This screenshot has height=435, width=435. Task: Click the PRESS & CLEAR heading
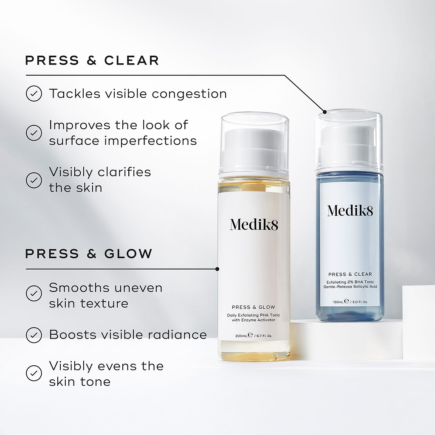tap(92, 60)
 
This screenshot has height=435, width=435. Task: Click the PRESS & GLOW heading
tap(88, 254)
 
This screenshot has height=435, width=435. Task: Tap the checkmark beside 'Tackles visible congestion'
tap(34, 93)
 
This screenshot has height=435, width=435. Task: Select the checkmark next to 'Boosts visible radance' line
tap(34, 335)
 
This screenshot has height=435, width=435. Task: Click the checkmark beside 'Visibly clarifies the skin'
tap(34, 180)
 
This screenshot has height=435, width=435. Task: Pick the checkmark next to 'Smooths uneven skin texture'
tap(34, 293)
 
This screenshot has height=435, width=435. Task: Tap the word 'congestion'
tap(189, 94)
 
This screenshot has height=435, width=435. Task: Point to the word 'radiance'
tap(177, 335)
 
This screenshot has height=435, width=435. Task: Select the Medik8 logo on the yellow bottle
tap(254, 224)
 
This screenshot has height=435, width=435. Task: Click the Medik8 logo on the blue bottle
tap(350, 210)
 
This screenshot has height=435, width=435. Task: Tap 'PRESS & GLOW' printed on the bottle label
tap(254, 307)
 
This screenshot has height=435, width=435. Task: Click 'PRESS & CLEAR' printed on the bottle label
tap(350, 274)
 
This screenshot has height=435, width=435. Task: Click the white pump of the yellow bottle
tap(254, 147)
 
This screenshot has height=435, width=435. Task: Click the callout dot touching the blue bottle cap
tap(325, 112)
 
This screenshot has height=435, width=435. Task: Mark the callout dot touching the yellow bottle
tap(217, 269)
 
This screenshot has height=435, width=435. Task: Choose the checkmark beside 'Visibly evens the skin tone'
tap(34, 373)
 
